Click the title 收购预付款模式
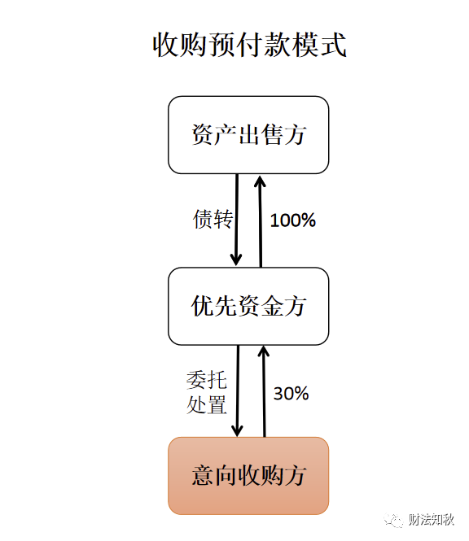[249, 45]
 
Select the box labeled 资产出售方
[248, 135]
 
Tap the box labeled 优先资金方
[248, 306]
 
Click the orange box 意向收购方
[248, 476]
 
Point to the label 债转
[213, 219]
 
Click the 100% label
[293, 220]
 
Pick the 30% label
[291, 393]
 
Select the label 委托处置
[207, 392]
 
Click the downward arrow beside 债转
[237, 220]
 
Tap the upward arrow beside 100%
[260, 221]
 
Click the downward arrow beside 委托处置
[238, 391]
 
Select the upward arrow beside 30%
[264, 391]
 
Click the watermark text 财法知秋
[432, 520]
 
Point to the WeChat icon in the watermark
[394, 520]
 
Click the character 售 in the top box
[273, 134]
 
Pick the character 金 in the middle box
[273, 306]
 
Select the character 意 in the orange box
[203, 476]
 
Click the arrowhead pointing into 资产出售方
[260, 181]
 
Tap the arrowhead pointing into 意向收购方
[238, 431]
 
